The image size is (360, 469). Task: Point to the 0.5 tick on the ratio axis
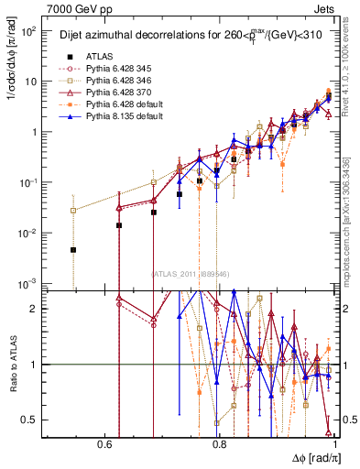tap(33, 420)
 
